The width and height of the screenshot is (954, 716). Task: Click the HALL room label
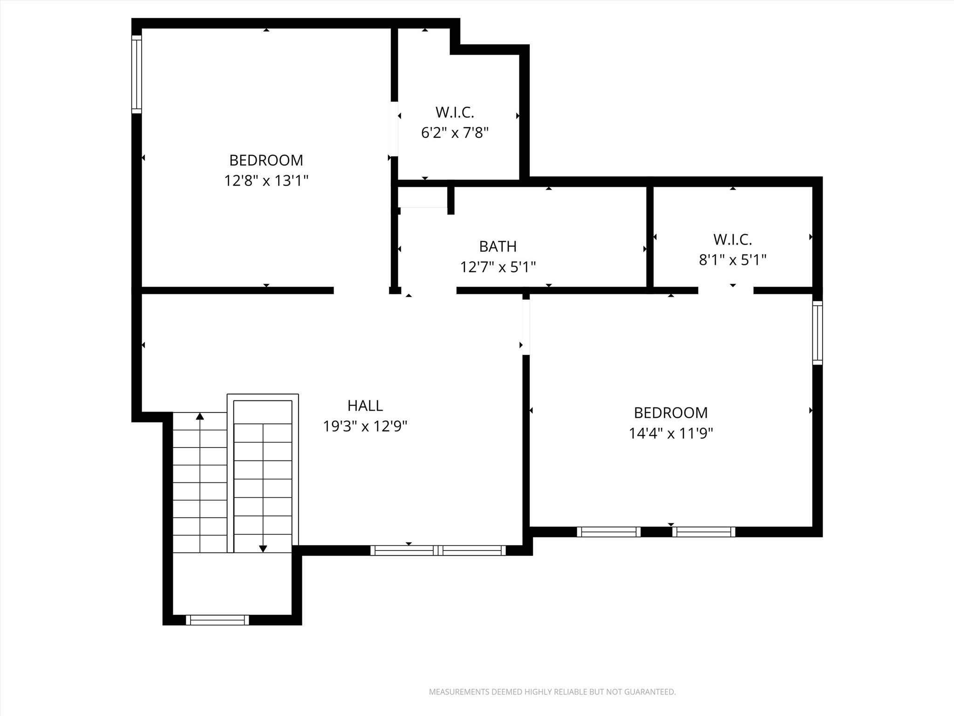365,406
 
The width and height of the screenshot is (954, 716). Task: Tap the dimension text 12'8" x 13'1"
266,180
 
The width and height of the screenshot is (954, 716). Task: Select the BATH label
497,246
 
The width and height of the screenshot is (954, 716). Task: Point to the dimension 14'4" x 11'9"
670,434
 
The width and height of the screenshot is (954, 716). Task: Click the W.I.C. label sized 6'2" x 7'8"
455,112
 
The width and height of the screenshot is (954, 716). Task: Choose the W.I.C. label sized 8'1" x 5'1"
732,240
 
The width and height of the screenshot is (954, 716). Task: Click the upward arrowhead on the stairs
200,416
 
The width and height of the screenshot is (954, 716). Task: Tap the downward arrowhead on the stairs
263,549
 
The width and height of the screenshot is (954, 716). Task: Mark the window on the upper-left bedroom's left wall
136,74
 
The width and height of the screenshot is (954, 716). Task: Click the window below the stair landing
217,620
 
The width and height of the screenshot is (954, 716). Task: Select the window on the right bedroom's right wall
818,332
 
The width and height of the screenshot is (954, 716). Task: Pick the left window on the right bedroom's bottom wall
608,532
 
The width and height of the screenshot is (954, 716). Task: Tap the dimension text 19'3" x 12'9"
365,426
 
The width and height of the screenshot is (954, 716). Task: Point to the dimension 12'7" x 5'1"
497,267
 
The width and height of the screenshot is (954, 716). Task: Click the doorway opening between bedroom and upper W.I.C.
394,129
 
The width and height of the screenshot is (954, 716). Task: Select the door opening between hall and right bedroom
526,327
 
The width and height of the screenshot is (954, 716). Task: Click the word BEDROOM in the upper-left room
266,160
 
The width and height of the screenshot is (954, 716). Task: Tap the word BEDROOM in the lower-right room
670,413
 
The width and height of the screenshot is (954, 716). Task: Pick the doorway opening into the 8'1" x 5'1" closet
725,290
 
